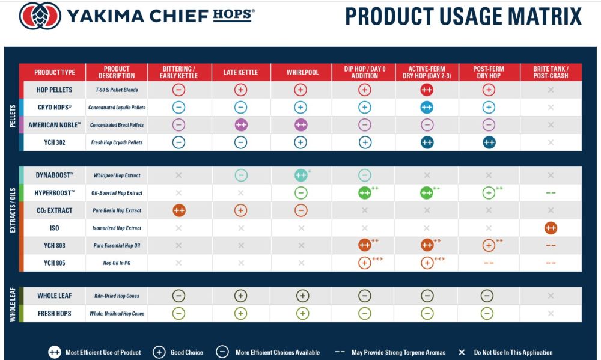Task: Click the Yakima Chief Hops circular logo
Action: (x=40, y=16)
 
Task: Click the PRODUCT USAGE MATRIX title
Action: (x=463, y=16)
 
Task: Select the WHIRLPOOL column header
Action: (x=301, y=72)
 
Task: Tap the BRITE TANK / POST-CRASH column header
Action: (x=551, y=72)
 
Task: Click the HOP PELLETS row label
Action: (x=54, y=90)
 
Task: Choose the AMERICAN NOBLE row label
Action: (x=55, y=125)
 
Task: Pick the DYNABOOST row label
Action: (x=55, y=175)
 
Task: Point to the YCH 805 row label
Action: (x=55, y=263)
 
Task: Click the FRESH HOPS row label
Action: (x=55, y=313)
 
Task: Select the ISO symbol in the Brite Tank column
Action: (x=551, y=228)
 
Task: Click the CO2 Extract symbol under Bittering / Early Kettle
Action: (x=178, y=210)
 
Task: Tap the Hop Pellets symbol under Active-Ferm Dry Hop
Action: (x=427, y=90)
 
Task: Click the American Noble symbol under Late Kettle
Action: (x=240, y=125)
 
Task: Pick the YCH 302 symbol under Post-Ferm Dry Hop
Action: (x=489, y=142)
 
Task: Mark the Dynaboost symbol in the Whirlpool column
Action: (x=301, y=175)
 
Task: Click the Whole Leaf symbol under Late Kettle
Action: (x=240, y=296)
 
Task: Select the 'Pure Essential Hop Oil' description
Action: (x=117, y=245)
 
